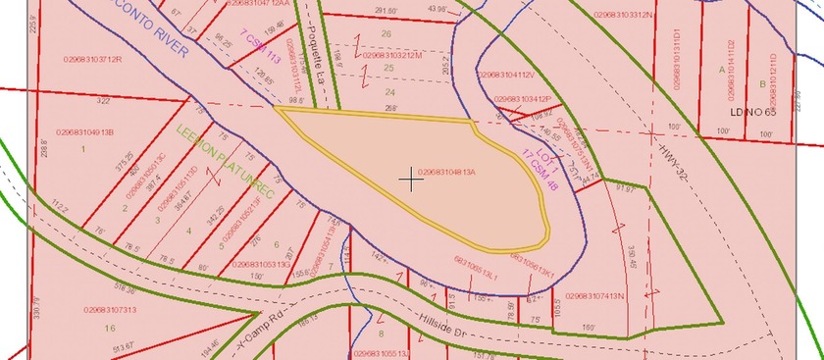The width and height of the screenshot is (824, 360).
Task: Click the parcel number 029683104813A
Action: pos(446,173)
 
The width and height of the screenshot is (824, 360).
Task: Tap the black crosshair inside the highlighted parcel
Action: pos(411,180)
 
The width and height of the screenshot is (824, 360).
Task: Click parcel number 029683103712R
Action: pos(88,59)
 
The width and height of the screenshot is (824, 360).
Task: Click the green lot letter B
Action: pos(763,84)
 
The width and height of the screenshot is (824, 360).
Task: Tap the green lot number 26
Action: pos(386,33)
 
